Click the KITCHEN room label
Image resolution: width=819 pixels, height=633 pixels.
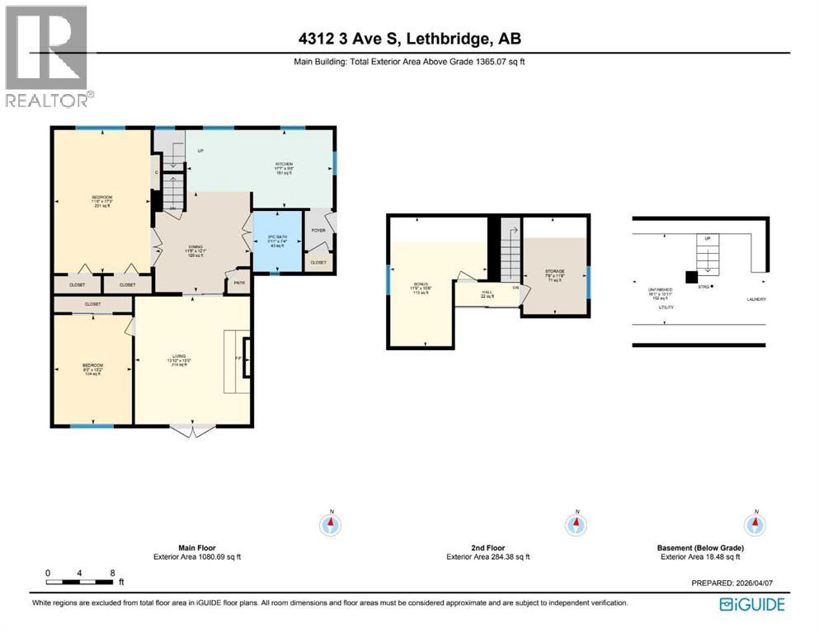click(285, 163)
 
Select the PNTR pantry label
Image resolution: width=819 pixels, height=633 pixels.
click(239, 282)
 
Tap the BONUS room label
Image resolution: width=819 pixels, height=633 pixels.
click(421, 284)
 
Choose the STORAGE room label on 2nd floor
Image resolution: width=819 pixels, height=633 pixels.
click(554, 270)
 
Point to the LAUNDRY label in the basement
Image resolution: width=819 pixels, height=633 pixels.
click(756, 299)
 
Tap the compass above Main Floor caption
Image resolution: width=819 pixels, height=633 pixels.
click(331, 523)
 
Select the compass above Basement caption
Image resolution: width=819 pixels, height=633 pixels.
click(753, 523)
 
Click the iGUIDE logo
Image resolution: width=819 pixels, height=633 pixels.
click(752, 604)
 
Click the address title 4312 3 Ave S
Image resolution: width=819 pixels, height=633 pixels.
click(409, 39)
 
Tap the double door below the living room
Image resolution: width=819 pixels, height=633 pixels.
click(192, 430)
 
